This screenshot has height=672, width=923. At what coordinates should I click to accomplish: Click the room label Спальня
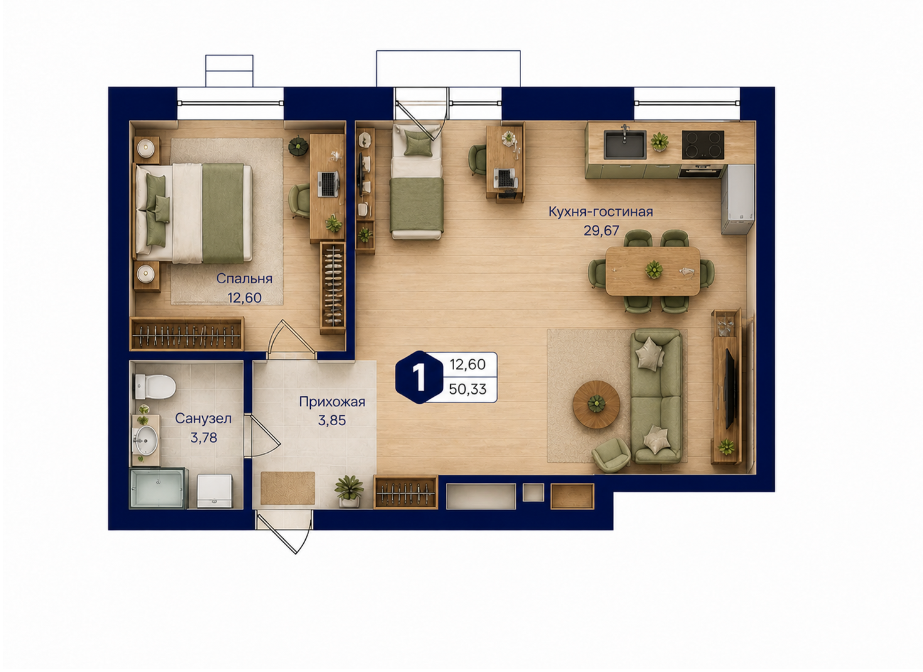tap(244, 279)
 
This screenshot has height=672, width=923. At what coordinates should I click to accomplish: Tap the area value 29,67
tap(601, 230)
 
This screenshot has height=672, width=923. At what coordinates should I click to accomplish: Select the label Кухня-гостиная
tap(600, 212)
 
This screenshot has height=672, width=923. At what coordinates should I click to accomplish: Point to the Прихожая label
tap(332, 401)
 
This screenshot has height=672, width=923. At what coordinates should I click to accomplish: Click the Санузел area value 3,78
tap(203, 437)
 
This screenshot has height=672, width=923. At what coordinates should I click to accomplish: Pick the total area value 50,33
tap(468, 389)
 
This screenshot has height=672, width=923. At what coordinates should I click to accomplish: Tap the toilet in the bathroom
tap(155, 387)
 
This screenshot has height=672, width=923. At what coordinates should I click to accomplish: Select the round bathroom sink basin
tap(146, 440)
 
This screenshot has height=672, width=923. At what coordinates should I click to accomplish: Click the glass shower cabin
tap(158, 489)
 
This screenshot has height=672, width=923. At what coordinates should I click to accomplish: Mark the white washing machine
tap(214, 491)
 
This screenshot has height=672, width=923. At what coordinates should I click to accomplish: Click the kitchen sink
tap(625, 144)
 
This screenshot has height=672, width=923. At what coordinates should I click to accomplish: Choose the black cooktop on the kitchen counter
tap(703, 144)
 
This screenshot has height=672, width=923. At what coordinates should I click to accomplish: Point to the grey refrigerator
tap(738, 200)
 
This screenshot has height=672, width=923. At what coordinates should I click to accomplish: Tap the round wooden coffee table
tap(596, 404)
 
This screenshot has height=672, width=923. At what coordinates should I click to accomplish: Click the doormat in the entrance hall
tap(288, 488)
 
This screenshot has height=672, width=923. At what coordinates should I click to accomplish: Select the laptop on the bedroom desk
tap(328, 184)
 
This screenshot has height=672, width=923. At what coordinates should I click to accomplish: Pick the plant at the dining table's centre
tap(654, 269)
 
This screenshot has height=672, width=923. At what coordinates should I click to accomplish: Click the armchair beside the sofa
tap(611, 455)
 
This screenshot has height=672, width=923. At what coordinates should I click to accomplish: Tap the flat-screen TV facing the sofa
tap(728, 388)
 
